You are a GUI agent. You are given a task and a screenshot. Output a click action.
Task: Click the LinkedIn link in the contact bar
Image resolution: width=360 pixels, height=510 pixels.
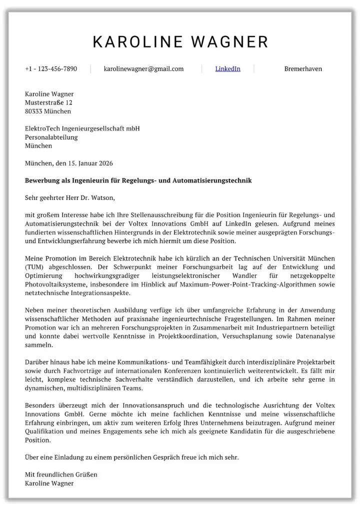point(227,69)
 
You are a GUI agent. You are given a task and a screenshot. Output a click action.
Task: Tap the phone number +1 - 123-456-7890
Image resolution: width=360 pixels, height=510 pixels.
point(51,69)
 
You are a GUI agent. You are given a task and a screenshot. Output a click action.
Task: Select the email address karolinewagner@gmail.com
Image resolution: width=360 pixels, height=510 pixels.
point(143,69)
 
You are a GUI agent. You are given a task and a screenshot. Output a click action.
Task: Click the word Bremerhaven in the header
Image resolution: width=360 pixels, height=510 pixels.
point(303,69)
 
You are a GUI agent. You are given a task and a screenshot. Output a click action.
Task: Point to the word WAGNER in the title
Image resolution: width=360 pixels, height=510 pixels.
point(227,42)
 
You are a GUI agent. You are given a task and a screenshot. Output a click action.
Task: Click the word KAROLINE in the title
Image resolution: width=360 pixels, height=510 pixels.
point(136,42)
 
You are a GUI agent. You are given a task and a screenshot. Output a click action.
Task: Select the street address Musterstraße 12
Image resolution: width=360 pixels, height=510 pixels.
point(48,102)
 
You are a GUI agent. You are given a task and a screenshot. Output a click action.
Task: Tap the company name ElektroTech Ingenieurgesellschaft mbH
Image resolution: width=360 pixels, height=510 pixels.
point(82,128)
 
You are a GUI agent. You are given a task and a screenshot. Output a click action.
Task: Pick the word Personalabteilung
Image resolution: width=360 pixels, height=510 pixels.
point(51,137)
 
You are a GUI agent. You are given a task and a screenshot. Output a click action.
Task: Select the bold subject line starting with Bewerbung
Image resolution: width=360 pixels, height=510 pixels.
point(138,180)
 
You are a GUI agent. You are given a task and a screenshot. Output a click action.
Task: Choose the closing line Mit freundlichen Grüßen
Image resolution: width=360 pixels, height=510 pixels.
point(61,474)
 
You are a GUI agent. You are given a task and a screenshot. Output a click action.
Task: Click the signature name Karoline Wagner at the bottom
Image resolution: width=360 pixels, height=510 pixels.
point(49,483)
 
